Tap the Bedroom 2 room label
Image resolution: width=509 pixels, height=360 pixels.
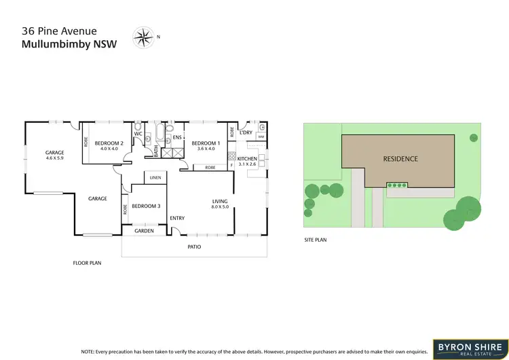point(109,143)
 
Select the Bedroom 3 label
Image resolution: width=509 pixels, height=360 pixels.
point(146,206)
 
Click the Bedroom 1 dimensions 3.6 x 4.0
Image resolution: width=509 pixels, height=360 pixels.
point(205,149)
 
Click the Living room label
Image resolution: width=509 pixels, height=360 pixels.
point(220,201)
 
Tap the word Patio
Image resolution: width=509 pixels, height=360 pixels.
point(195,247)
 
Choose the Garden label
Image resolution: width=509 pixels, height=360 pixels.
point(144,231)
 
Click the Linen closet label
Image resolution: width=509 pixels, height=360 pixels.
point(155,178)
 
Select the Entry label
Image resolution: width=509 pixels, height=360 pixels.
point(177,218)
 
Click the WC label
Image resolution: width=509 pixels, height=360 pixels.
point(138,133)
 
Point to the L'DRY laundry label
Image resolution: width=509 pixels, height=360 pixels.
point(246,132)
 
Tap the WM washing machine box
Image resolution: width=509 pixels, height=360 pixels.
point(261,137)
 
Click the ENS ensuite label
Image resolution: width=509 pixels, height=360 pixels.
point(176,138)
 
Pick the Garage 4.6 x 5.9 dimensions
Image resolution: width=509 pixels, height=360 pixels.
point(54,158)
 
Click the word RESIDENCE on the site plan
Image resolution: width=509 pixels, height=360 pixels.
point(400,159)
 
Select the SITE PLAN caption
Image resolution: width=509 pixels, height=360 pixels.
point(314,240)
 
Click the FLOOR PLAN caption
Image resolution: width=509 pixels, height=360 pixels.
point(87,262)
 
